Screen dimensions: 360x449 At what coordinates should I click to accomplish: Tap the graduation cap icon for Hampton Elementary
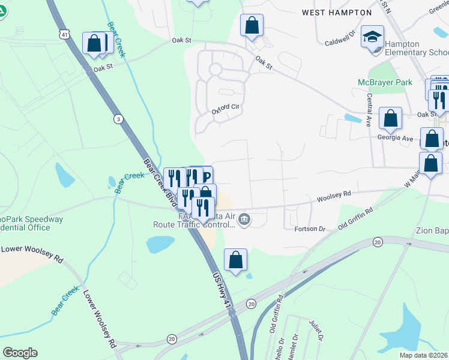pos(372,37)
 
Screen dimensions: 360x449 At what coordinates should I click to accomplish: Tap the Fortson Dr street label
pos(310,229)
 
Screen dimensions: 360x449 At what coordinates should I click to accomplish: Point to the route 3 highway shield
pos(118,119)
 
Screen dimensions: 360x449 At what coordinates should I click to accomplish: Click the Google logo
pos(20,353)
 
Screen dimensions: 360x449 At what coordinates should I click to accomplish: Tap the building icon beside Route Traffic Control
pos(244,219)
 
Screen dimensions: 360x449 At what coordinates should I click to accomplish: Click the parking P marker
pos(205,176)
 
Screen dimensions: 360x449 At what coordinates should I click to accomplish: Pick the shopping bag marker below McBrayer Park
pos(391,119)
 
